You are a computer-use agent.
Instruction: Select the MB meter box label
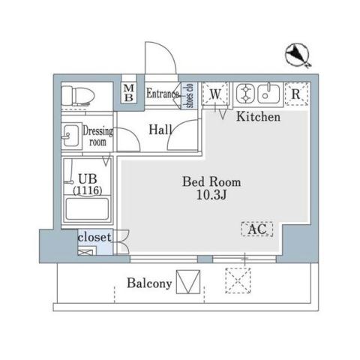click(128, 93)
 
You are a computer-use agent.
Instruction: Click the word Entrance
click(162, 94)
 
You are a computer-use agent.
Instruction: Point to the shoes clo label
click(190, 95)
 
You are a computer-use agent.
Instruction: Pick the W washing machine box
click(215, 94)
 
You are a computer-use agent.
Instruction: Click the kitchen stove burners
click(246, 94)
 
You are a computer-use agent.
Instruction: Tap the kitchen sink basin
click(268, 94)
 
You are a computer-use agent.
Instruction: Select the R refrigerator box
click(296, 94)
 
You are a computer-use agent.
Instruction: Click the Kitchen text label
click(259, 118)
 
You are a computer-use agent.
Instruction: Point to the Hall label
click(160, 130)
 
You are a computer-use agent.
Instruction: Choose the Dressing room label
click(97, 136)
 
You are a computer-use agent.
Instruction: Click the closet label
click(94, 238)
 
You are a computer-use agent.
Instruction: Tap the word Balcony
click(149, 283)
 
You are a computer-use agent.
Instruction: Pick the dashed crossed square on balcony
click(239, 283)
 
